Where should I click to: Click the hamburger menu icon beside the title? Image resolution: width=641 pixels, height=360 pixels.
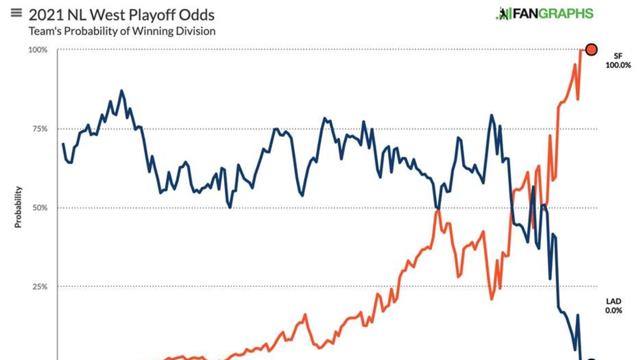(16, 13)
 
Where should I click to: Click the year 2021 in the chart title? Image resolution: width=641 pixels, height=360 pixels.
(46, 14)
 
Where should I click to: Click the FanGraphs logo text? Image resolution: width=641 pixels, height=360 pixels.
(553, 13)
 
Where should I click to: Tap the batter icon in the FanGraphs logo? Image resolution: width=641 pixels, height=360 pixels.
(502, 13)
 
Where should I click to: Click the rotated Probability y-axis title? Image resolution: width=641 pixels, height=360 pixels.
(18, 207)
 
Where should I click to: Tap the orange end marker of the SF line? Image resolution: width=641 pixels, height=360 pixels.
(590, 49)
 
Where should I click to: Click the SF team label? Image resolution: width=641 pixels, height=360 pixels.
(618, 56)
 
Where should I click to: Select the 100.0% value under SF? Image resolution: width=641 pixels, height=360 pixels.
(618, 65)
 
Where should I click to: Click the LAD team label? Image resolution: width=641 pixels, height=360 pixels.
(613, 301)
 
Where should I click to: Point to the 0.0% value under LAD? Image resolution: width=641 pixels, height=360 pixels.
(613, 311)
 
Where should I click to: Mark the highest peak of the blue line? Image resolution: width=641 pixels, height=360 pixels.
(121, 91)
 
